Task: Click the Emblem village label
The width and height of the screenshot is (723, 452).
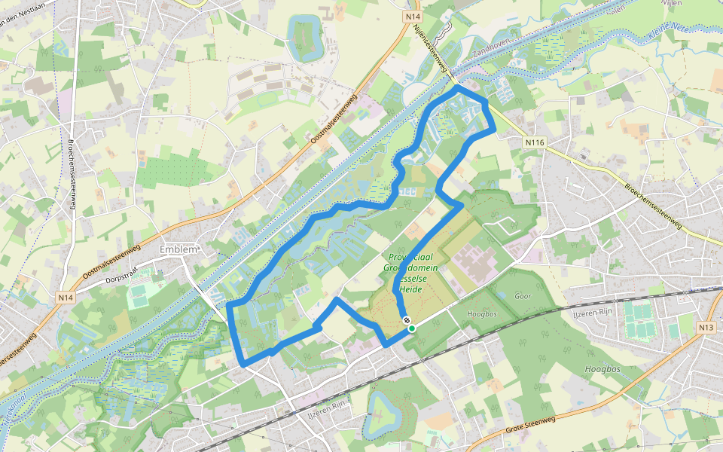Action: pyautogui.click(x=178, y=250)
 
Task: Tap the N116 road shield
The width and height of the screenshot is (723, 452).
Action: pyautogui.click(x=535, y=142)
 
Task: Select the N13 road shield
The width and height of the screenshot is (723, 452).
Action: pyautogui.click(x=706, y=327)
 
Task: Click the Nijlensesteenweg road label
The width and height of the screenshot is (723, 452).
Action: pyautogui.click(x=430, y=51)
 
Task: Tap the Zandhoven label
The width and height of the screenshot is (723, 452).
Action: pyautogui.click(x=493, y=47)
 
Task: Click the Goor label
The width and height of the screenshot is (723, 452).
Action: pyautogui.click(x=522, y=296)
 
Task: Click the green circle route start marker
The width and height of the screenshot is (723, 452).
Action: pyautogui.click(x=412, y=328)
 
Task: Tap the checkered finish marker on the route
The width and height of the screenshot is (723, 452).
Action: pyautogui.click(x=407, y=321)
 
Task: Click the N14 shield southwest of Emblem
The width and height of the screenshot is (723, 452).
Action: pyautogui.click(x=66, y=298)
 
